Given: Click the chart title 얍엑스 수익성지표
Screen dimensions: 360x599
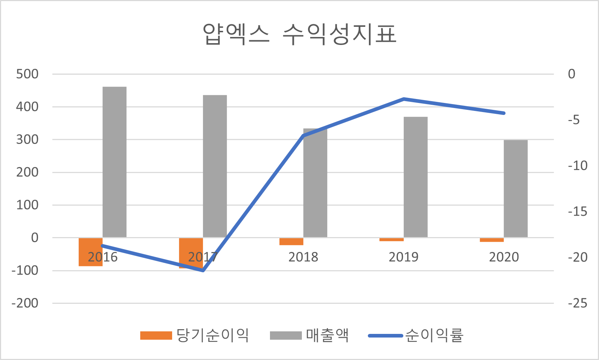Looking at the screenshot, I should click(299, 35).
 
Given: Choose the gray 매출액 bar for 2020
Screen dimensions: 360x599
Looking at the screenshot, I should click(516, 189).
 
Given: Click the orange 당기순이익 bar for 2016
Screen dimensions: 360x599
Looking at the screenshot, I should click(91, 252).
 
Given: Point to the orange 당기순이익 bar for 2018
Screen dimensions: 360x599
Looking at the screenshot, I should click(291, 241).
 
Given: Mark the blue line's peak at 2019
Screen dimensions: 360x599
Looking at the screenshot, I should click(404, 99).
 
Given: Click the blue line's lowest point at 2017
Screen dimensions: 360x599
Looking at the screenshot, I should click(203, 270).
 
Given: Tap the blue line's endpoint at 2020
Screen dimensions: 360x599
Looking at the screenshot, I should click(504, 113).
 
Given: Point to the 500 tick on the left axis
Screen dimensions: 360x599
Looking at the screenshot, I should click(27, 74).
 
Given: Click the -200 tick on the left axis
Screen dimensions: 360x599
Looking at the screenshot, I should click(25, 303).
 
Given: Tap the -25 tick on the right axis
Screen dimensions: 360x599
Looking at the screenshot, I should click(578, 303).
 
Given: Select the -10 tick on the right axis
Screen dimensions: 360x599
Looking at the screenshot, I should click(578, 166).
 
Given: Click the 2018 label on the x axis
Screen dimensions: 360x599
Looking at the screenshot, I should click(303, 257).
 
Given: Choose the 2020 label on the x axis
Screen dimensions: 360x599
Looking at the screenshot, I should click(504, 257).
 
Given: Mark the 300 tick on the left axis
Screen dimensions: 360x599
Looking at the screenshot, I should click(27, 140).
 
